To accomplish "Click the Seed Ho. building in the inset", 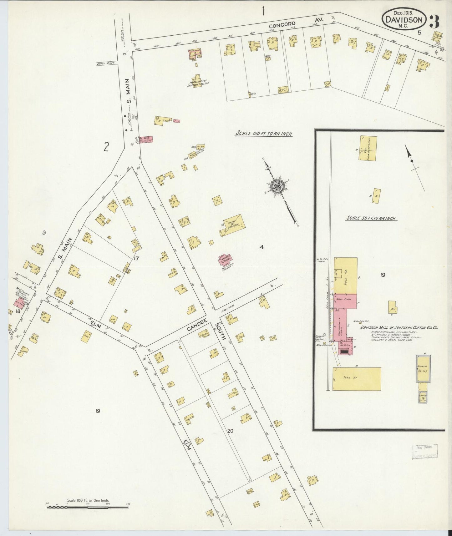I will pyautogui.click(x=357, y=379).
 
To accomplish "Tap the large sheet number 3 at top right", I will pyautogui.click(x=434, y=20).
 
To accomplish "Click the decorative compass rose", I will pyautogui.click(x=277, y=187).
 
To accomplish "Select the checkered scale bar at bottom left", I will pyautogui.click(x=88, y=507).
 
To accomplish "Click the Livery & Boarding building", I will pyautogui.click(x=232, y=225).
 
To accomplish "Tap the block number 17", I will pyautogui.click(x=136, y=258).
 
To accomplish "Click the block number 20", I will pyautogui.click(x=230, y=431).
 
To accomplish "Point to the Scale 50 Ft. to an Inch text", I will pyautogui.click(x=371, y=218).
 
